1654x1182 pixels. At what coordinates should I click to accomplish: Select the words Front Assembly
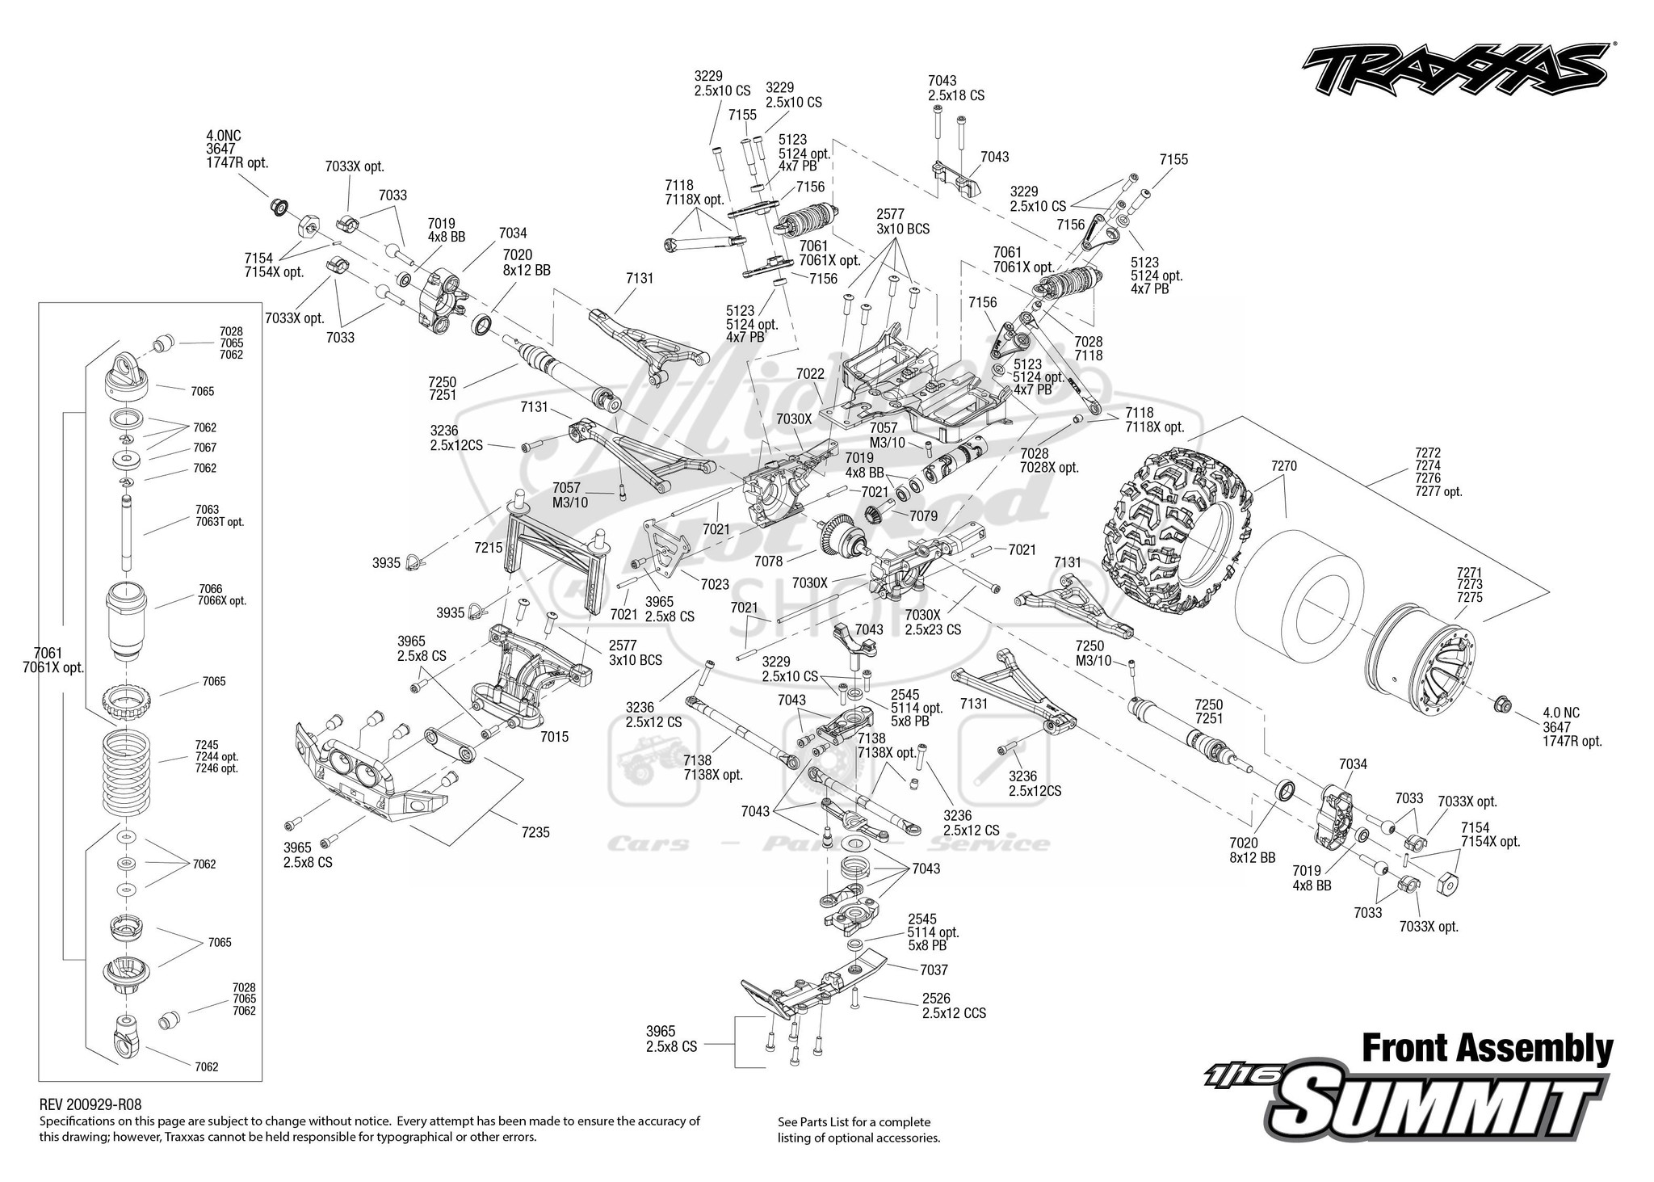pyautogui.click(x=1487, y=1049)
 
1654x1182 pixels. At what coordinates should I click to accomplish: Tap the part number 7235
pyautogui.click(x=535, y=831)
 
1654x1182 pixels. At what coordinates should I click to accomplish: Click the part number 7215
pyautogui.click(x=489, y=548)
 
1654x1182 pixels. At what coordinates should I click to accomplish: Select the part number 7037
pyautogui.click(x=934, y=970)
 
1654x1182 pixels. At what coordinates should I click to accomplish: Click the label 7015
pyautogui.click(x=555, y=737)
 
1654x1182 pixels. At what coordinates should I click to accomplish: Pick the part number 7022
pyautogui.click(x=809, y=374)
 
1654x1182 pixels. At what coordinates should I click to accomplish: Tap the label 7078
pyautogui.click(x=768, y=561)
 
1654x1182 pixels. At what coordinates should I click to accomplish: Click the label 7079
pyautogui.click(x=923, y=515)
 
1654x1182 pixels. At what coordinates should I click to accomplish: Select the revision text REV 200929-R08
pyautogui.click(x=90, y=1104)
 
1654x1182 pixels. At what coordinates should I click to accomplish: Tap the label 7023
pyautogui.click(x=715, y=584)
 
